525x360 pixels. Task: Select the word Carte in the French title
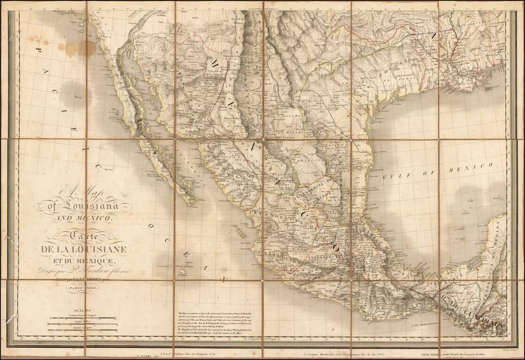pyautogui.click(x=84, y=236)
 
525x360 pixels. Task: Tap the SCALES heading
pyautogui.click(x=83, y=310)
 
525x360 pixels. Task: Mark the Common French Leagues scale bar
pyautogui.click(x=83, y=318)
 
